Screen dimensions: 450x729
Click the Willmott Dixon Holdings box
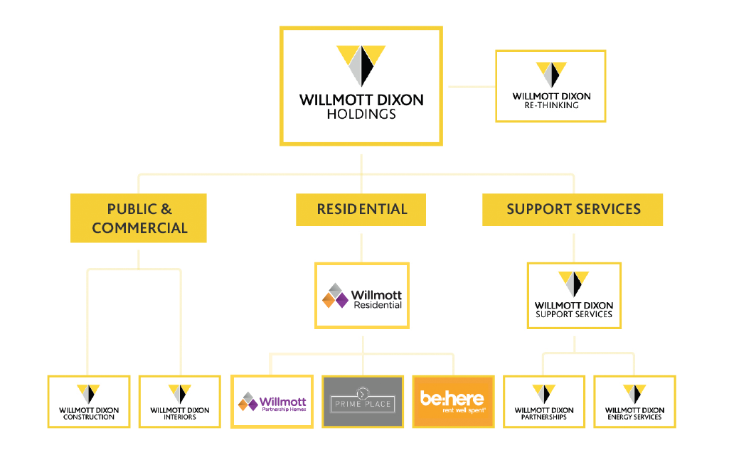pos(361,86)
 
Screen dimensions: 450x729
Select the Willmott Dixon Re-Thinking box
pos(550,86)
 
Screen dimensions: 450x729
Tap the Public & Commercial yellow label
pos(139,218)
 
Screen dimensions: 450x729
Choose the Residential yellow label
pos(361,210)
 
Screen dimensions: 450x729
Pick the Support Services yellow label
pos(573,210)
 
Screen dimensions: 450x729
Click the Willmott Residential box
pos(362,296)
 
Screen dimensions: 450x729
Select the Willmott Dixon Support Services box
pos(573,296)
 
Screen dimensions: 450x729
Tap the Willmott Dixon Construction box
pos(89,402)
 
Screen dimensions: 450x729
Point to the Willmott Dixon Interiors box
pos(180,402)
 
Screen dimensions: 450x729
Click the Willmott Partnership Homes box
pos(272,402)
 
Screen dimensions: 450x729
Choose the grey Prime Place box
pos(363,402)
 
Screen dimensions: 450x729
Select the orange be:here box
pos(453,402)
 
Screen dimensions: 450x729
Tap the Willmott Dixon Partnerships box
pos(544,402)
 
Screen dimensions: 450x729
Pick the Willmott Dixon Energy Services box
pos(634,402)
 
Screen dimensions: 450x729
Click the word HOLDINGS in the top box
pos(361,114)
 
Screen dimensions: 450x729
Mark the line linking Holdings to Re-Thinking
pos(469,87)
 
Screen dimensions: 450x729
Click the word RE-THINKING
pos(551,105)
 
